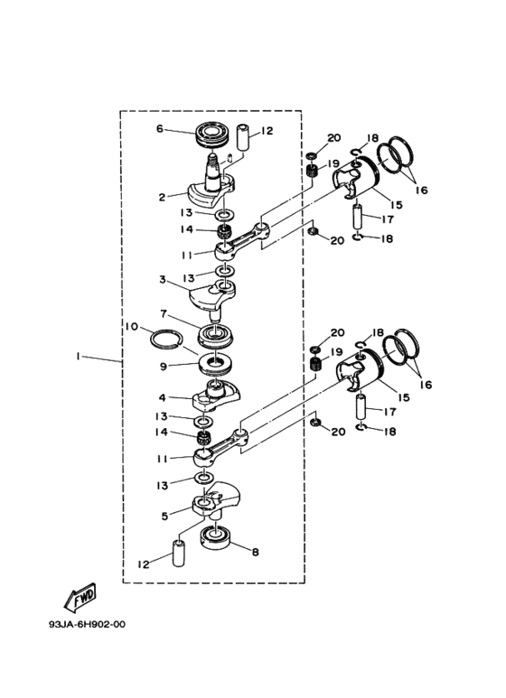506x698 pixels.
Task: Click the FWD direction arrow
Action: click(80, 596)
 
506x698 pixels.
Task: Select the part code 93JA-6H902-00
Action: click(88, 624)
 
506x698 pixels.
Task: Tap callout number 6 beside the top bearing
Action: click(159, 128)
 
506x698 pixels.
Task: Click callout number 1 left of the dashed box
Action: click(78, 356)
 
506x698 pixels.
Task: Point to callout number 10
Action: click(131, 327)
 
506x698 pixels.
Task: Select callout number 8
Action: click(255, 552)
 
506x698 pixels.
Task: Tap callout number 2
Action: click(162, 197)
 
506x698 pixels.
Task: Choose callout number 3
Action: click(163, 280)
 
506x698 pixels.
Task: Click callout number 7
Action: click(164, 314)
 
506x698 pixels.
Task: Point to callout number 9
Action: click(164, 367)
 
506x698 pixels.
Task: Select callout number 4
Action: click(163, 397)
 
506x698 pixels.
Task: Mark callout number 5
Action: click(164, 516)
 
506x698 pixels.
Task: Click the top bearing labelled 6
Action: click(213, 133)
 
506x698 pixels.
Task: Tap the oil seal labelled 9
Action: click(217, 364)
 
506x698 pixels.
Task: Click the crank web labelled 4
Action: click(216, 395)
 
